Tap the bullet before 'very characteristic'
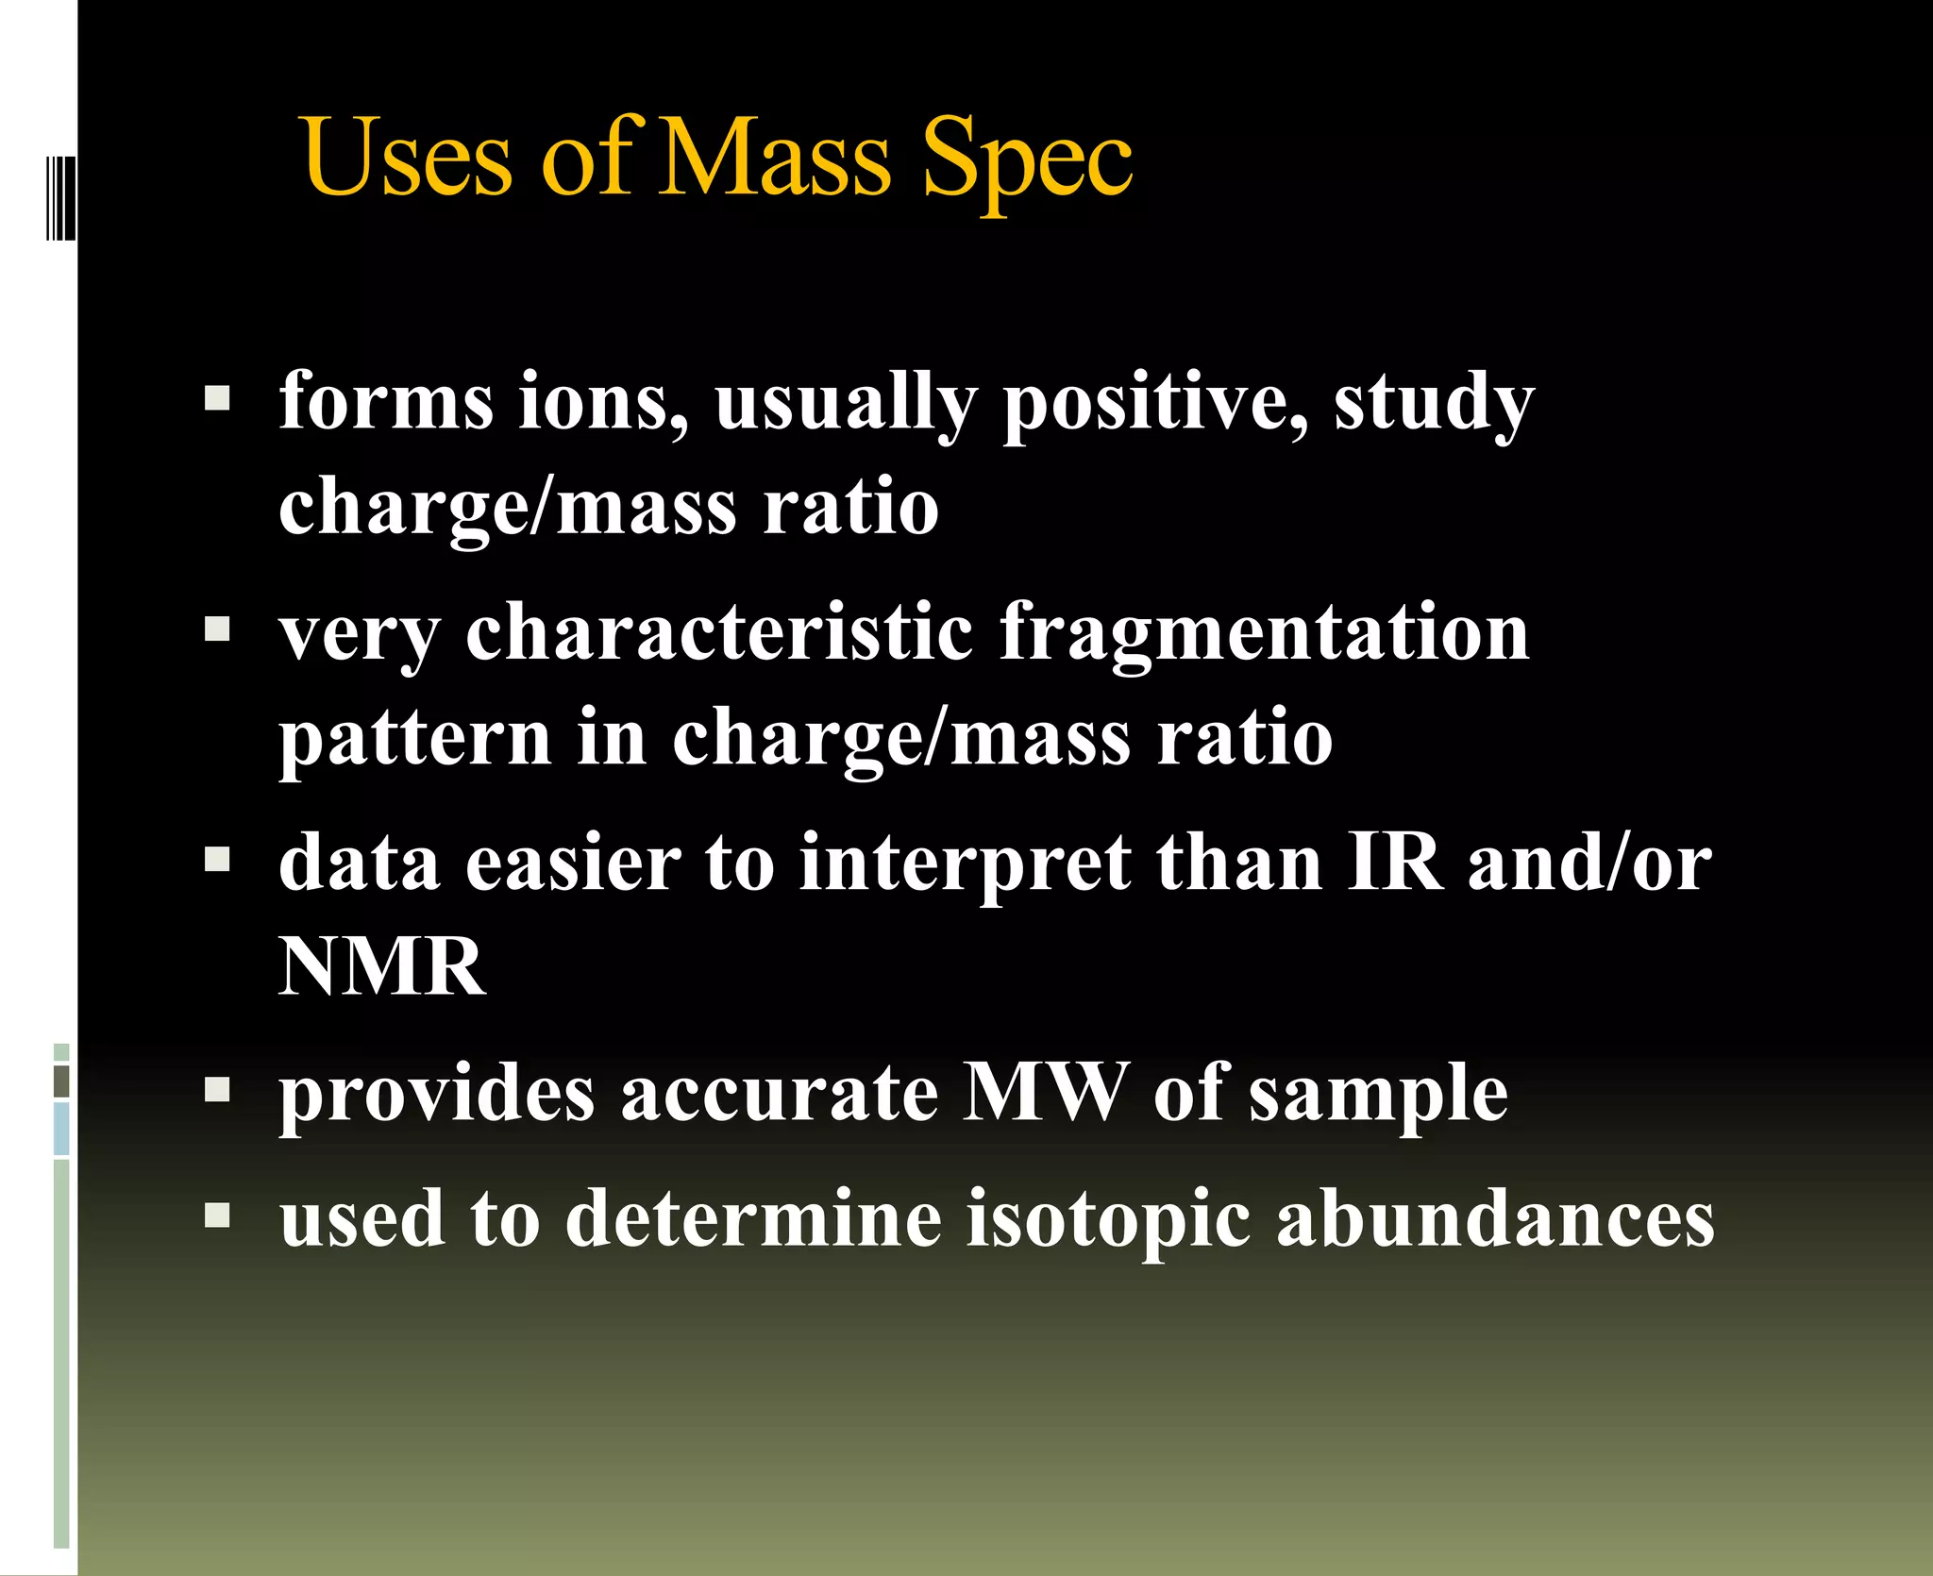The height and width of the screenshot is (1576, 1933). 217,629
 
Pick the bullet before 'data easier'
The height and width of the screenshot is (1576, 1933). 217,859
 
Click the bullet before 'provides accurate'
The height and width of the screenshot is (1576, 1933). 217,1090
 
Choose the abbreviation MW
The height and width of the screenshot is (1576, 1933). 1045,1093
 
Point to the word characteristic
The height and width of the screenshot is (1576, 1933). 719,632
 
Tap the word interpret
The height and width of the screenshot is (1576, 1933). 965,864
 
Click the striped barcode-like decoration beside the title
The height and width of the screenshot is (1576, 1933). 60,197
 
